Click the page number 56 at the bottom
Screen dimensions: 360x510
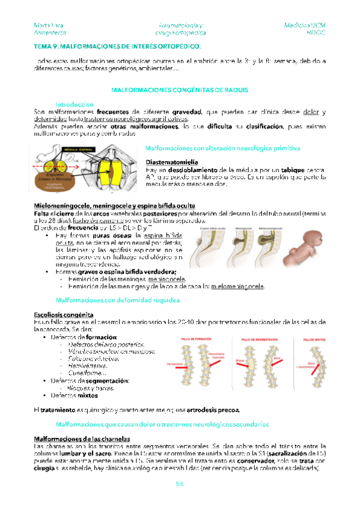(180, 484)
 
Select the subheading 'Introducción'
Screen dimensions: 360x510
(75, 104)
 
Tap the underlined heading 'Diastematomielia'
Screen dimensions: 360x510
(169, 162)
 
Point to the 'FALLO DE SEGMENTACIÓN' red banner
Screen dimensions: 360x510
(258, 340)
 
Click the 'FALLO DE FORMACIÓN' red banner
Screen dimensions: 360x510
(196, 340)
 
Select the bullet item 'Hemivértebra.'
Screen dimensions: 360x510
(88, 364)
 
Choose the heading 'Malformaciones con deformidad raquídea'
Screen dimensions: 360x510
(102, 300)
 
